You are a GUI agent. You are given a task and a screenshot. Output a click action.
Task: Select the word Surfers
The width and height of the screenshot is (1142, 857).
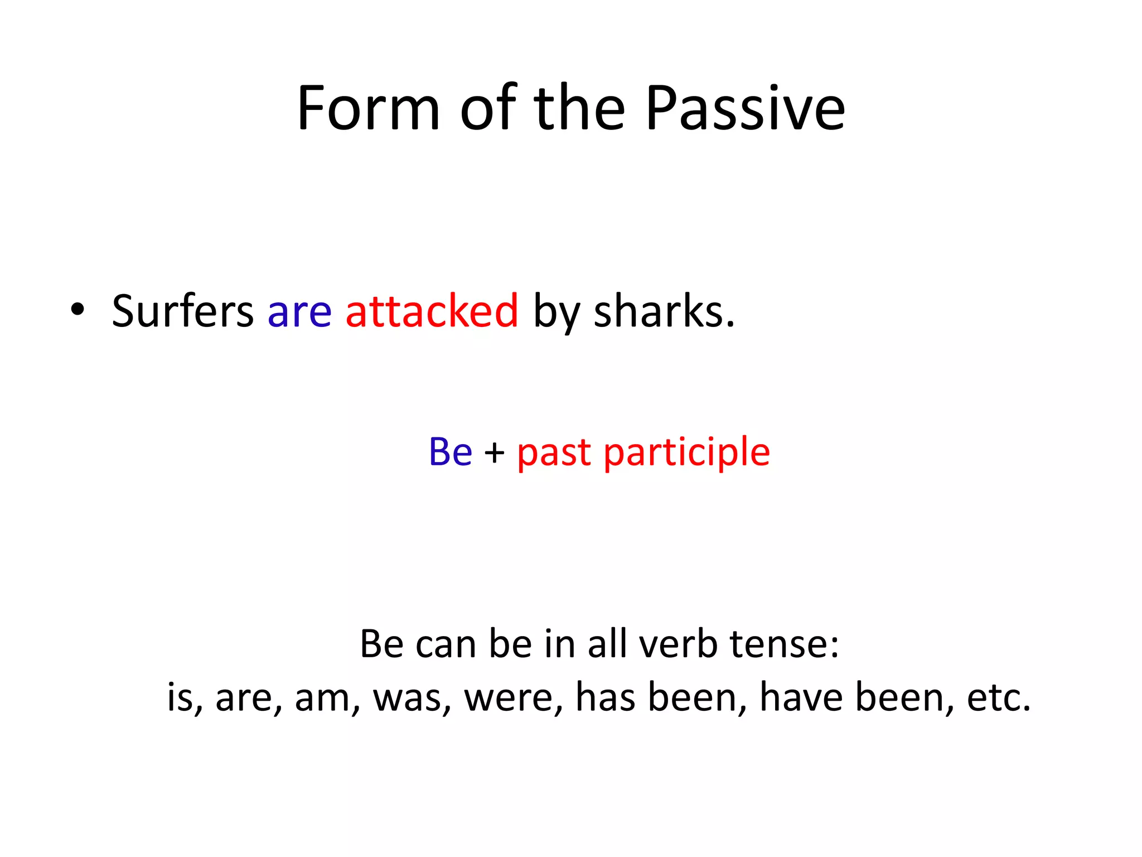point(182,311)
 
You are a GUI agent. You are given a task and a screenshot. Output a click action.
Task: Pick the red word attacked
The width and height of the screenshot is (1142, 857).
point(432,311)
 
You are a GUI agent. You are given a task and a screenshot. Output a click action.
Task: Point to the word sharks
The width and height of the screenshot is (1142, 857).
point(664,311)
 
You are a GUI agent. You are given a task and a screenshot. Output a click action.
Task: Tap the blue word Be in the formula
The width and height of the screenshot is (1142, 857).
point(450,451)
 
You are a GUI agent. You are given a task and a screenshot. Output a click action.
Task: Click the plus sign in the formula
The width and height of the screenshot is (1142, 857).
point(494,452)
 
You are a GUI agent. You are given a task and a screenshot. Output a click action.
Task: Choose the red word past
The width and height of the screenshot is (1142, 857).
point(553,453)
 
